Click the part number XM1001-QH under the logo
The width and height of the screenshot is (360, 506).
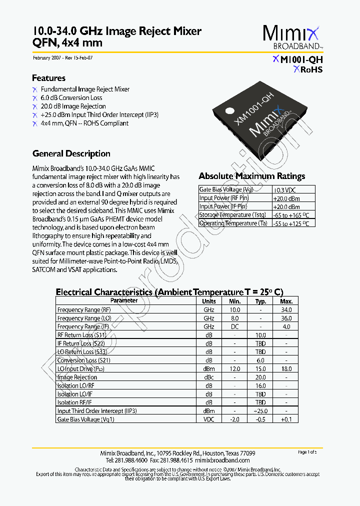coord(298,59)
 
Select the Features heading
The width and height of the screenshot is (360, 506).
coord(48,78)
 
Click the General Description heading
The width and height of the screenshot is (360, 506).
coord(71,153)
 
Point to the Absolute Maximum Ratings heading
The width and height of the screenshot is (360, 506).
coord(251,176)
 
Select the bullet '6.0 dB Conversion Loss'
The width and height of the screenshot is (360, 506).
coord(71,97)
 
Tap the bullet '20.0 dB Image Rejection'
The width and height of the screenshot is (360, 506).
coord(73,106)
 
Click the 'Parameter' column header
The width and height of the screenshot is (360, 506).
coord(124,301)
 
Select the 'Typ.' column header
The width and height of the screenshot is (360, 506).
coord(260,301)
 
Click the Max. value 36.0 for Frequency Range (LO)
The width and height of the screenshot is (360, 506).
coord(286,318)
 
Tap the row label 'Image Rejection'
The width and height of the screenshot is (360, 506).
coord(77,377)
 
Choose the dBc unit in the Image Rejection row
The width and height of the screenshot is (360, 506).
coord(208,377)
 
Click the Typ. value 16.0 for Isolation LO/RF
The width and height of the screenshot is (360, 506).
coord(260,385)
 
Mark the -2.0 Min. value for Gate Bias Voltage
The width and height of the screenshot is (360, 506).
coord(234,419)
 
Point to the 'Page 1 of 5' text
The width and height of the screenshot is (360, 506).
coord(307,452)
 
